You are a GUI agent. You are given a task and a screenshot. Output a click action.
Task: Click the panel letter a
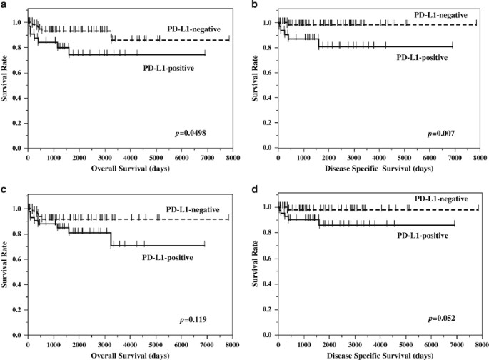coord(4,5)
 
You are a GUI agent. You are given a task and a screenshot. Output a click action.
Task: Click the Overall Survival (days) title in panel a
coord(128,170)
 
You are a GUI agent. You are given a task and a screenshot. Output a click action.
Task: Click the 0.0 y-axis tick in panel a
coord(17,149)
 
